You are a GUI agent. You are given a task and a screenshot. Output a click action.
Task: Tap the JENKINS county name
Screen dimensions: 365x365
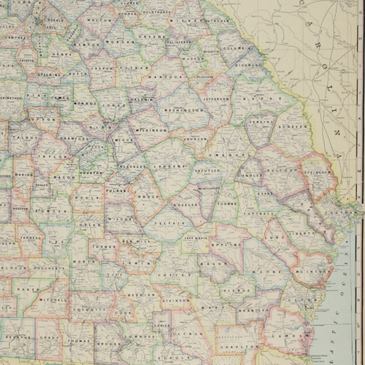(x=260, y=125)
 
